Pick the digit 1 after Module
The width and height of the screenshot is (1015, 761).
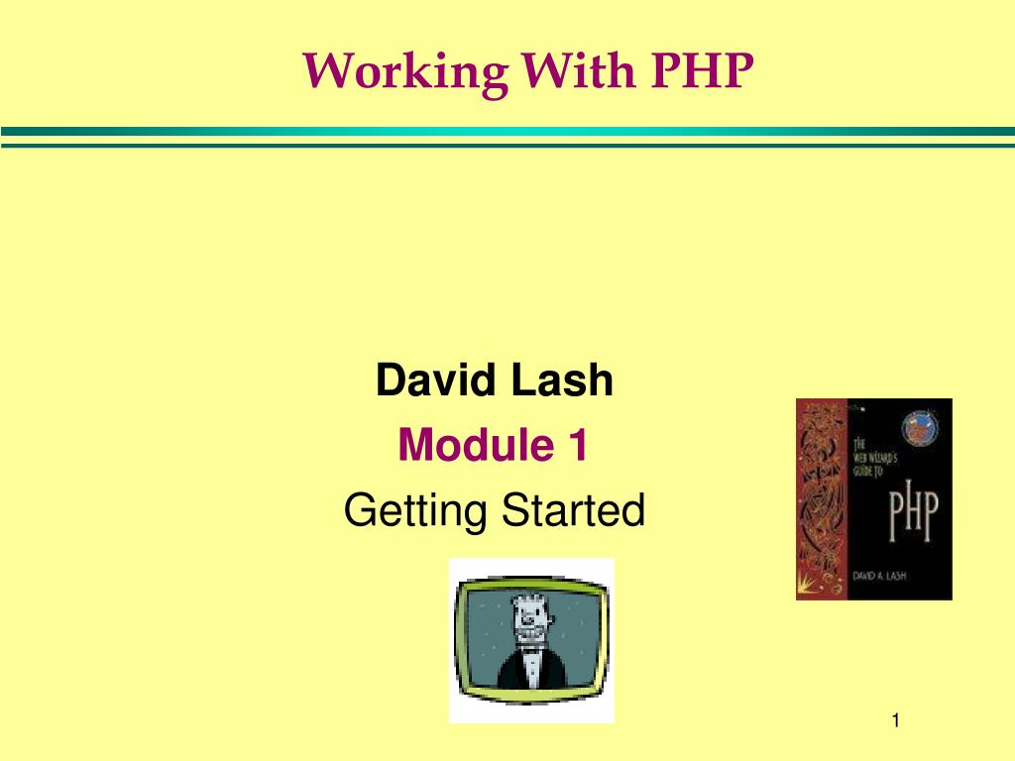point(578,446)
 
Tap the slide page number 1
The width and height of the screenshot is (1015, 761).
point(895,721)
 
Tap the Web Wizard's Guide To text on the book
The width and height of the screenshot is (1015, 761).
point(871,456)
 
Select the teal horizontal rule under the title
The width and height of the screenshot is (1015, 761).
point(507,132)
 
